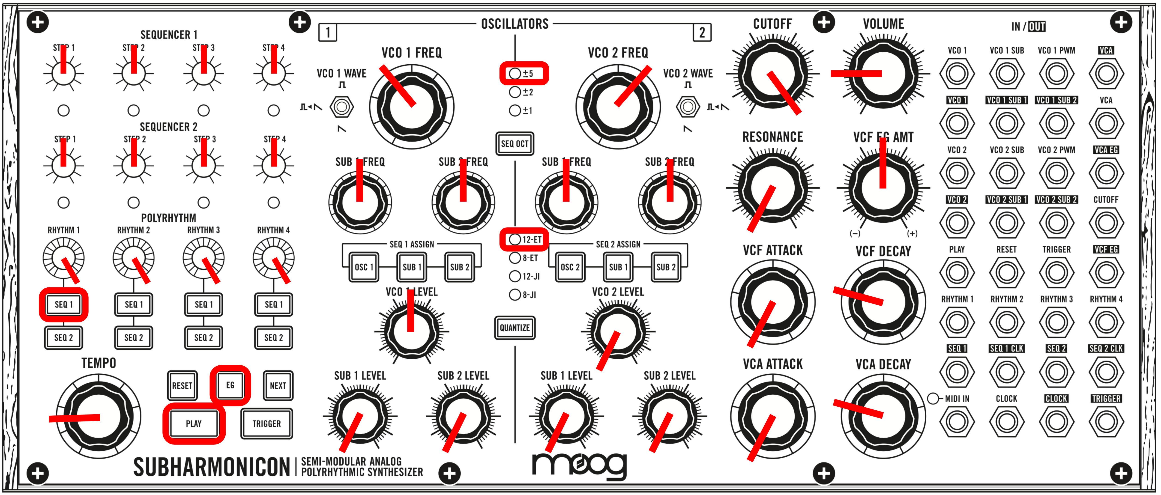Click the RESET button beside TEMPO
click(182, 385)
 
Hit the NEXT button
click(278, 385)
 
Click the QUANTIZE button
click(515, 328)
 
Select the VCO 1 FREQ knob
click(411, 107)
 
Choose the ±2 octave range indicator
click(515, 92)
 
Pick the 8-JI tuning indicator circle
click(515, 295)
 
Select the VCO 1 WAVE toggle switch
click(342, 107)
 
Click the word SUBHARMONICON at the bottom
click(211, 467)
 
